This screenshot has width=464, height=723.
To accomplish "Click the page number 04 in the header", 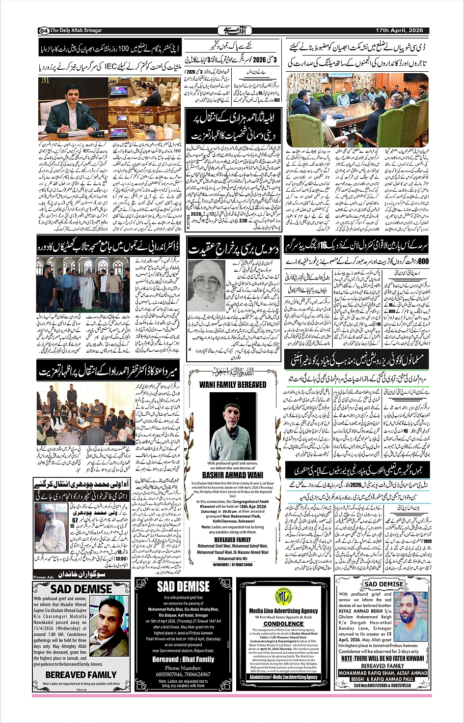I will coord(43,30).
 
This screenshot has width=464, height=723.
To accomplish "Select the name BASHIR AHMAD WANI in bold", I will coord(233,475).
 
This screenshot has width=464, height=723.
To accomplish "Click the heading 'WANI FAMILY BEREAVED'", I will coord(233,384).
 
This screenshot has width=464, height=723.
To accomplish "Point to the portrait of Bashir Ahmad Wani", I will coord(231,426).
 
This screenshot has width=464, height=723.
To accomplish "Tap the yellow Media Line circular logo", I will coord(283,596).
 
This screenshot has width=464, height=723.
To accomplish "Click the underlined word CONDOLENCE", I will coord(283,623).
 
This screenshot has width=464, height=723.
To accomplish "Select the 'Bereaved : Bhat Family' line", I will coord(183,659).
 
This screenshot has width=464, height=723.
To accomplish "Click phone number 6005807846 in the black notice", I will coord(168,674).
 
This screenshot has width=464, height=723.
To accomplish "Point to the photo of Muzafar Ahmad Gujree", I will coord(110,625).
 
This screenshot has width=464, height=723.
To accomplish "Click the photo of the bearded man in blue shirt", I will coord(410,616).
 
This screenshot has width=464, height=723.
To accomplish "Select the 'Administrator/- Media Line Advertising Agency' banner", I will coord(283,677).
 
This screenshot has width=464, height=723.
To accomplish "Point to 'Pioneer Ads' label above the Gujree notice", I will coord(44,577).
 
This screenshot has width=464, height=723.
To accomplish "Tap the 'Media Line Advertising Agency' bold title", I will coord(283,611).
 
